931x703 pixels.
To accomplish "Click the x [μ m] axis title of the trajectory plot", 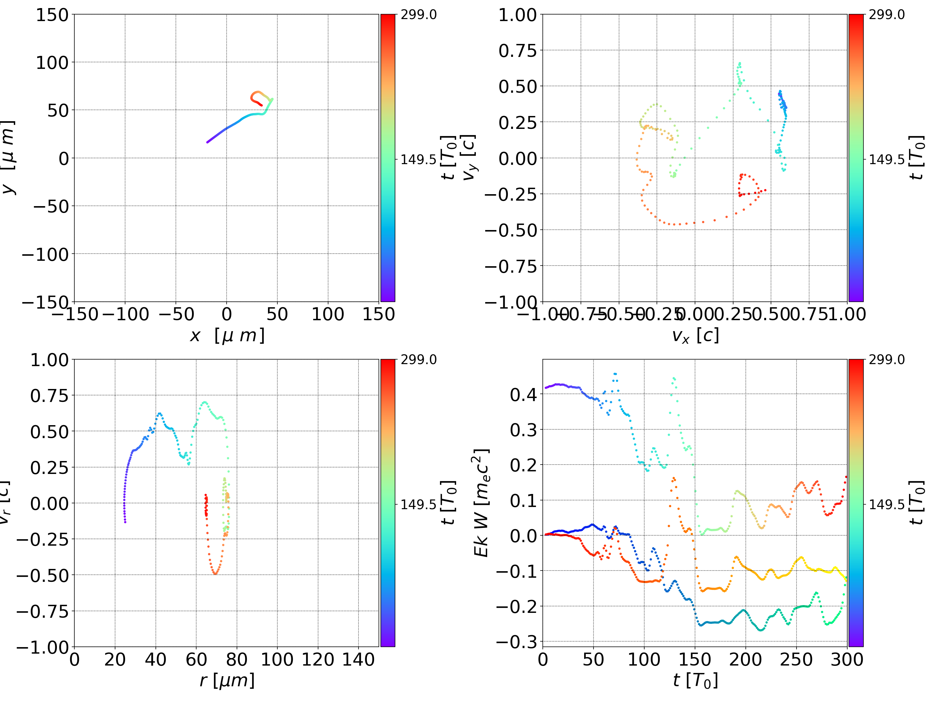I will tap(227, 336).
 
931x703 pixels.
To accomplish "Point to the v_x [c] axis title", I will tap(695, 336).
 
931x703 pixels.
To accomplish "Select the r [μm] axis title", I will tap(227, 680).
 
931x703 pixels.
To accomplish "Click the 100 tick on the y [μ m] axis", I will tap(52, 63).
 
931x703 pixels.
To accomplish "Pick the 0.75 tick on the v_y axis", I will tap(518, 50).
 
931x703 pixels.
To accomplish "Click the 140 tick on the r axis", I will tap(358, 659).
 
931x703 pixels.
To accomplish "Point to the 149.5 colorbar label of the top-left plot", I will tap(418, 160).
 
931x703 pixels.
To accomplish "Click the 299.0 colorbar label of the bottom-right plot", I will tap(886, 360).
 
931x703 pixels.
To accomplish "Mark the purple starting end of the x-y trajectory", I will tap(208, 142).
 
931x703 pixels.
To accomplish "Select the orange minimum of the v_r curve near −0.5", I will tap(215, 573).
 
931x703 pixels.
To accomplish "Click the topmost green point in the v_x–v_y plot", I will tap(740, 63).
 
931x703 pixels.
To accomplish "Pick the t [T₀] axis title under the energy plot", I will tap(695, 680).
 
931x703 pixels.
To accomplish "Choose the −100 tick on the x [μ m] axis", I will tap(126, 314).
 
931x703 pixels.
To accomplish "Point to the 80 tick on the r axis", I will tap(237, 659).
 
